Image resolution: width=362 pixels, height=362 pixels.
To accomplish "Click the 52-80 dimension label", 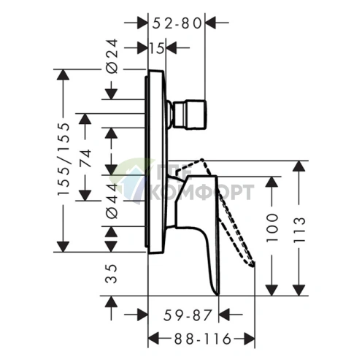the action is [x=177, y=23].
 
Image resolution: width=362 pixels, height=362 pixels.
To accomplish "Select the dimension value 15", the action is [x=157, y=48].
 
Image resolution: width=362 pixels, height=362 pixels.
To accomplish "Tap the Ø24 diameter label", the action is [x=112, y=56].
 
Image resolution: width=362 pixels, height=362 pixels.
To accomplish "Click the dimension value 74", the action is [x=85, y=158].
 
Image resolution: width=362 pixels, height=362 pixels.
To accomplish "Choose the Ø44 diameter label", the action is [x=112, y=201].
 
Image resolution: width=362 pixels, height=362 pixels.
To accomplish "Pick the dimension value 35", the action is [x=111, y=274].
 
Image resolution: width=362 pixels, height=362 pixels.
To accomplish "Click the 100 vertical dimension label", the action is [x=272, y=228].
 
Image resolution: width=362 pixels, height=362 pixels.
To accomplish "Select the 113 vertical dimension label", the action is [x=299, y=230].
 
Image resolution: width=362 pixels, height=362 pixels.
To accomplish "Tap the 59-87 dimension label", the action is [x=188, y=315].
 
